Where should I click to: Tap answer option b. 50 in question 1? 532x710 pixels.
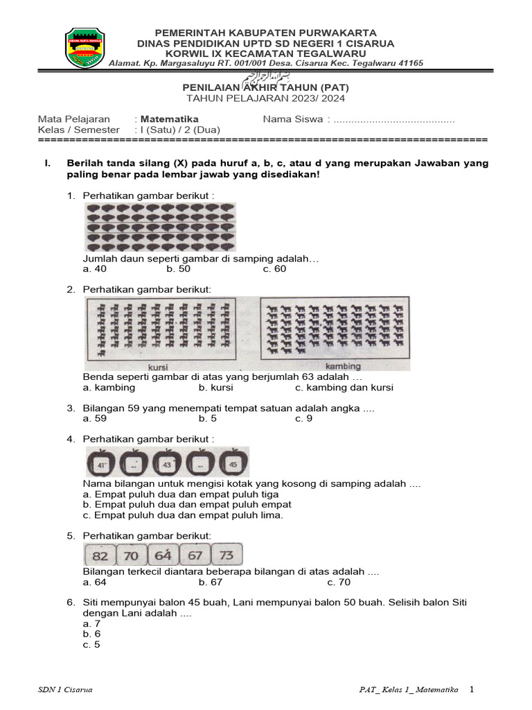point(178,269)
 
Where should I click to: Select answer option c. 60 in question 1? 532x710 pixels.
point(274,269)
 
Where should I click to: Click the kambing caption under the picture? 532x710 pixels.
point(343,366)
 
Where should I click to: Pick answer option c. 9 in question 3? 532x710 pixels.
point(303,419)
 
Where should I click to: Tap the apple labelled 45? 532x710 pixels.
point(233,463)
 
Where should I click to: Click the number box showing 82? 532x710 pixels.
point(100,556)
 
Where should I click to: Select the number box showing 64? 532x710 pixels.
point(163,556)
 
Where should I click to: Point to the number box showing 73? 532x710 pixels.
point(226,556)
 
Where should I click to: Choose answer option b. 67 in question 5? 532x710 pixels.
point(210,582)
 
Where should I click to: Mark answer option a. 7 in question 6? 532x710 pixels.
point(91,623)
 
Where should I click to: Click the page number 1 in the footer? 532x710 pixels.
point(472,689)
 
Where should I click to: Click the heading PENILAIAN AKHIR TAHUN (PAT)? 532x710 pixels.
point(265,88)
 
